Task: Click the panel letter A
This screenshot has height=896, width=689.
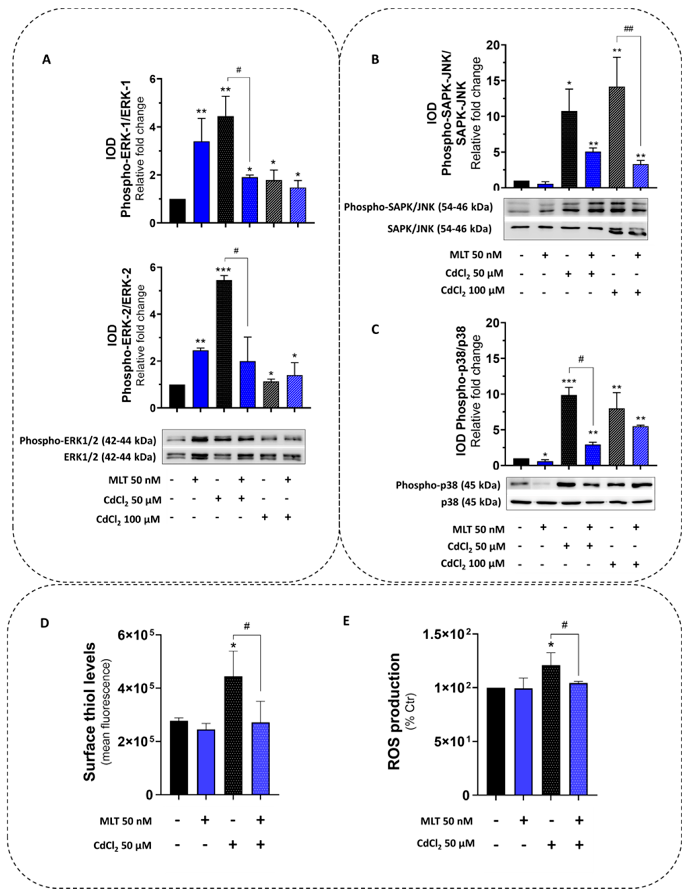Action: point(46,60)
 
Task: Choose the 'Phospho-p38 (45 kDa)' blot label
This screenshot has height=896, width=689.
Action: point(448,485)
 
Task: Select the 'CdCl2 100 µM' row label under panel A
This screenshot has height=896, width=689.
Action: point(128,519)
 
